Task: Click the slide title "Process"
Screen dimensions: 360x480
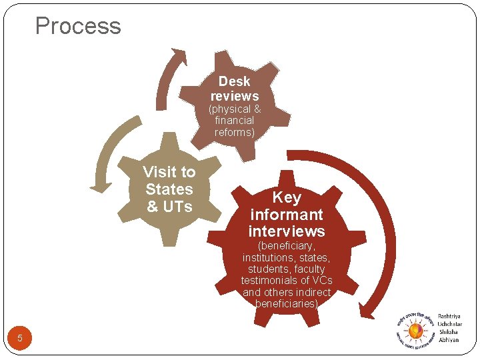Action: tap(78, 26)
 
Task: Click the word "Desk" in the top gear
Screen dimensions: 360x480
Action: tap(234, 81)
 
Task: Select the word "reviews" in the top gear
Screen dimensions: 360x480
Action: tap(235, 96)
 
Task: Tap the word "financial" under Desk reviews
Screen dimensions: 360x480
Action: tap(235, 121)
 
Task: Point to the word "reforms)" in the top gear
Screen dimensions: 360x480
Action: tap(235, 133)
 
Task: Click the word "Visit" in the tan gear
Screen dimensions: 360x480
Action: tap(157, 172)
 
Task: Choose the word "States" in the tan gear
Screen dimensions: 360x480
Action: tap(169, 189)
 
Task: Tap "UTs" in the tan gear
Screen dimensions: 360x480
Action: tap(178, 207)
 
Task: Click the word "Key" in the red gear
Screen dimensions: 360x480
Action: tap(287, 197)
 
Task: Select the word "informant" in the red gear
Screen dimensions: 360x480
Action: tap(287, 215)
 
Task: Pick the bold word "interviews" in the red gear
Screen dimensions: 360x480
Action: tap(287, 231)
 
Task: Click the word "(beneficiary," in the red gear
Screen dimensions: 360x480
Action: tap(287, 246)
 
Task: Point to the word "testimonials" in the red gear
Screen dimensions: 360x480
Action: tap(269, 281)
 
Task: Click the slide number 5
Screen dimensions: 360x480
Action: tap(20, 339)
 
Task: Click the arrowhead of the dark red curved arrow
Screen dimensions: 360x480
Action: tap(365, 310)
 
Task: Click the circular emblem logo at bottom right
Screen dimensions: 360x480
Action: tap(415, 329)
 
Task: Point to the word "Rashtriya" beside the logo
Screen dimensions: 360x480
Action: tap(449, 316)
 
